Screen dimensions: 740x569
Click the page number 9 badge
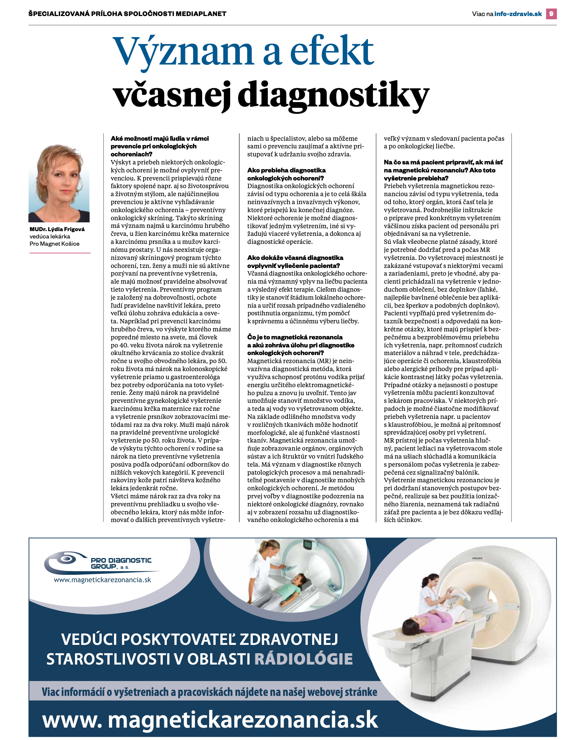click(x=551, y=14)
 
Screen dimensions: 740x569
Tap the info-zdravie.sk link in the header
click(x=518, y=14)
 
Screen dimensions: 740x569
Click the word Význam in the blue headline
click(x=183, y=51)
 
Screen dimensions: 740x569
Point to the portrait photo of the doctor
click(x=59, y=183)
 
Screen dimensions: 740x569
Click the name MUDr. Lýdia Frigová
click(x=57, y=229)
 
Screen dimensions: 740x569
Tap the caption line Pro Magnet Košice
click(x=54, y=244)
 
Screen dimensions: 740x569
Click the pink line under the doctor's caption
click(x=60, y=253)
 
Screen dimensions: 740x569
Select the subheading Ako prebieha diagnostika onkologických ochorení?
click(x=286, y=174)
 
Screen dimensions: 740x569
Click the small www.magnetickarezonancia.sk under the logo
click(x=102, y=580)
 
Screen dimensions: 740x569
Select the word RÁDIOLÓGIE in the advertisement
click(x=303, y=659)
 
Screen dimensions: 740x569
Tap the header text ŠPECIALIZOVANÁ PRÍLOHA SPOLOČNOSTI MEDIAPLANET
click(x=127, y=14)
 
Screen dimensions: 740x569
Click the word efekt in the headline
click(x=332, y=51)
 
